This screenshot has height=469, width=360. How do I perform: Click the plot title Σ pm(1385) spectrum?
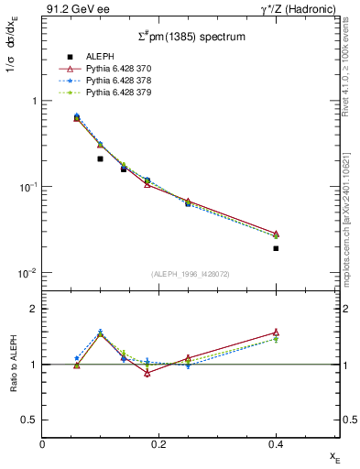tap(191, 37)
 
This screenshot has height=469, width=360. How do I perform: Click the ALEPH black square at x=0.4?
tap(276, 248)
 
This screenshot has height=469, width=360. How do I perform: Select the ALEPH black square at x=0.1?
tap(100, 158)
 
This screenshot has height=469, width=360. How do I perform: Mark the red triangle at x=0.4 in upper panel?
tap(276, 234)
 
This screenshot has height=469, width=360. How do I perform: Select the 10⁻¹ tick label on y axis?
tap(27, 187)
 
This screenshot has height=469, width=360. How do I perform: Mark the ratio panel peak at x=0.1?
tap(100, 334)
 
